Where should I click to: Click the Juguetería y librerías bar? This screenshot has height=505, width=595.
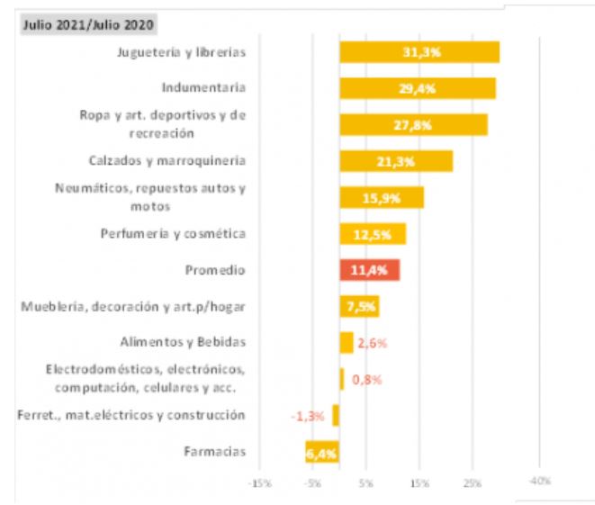pyautogui.click(x=419, y=52)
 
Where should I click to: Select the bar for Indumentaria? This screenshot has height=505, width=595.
pyautogui.click(x=417, y=88)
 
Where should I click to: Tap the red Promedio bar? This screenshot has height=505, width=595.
pyautogui.click(x=369, y=270)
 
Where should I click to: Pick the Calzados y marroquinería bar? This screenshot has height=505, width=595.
pyautogui.click(x=395, y=161)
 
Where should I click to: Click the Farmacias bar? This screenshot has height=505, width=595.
pyautogui.click(x=321, y=453)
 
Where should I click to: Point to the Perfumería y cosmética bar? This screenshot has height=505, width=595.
pyautogui.click(x=372, y=234)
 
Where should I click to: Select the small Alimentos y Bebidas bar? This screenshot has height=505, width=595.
pyautogui.click(x=347, y=342)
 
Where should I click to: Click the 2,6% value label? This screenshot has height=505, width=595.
pyautogui.click(x=372, y=343)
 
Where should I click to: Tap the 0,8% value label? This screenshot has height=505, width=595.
pyautogui.click(x=366, y=379)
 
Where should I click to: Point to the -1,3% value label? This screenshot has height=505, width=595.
pyautogui.click(x=307, y=416)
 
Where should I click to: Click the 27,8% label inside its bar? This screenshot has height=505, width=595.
pyautogui.click(x=413, y=124)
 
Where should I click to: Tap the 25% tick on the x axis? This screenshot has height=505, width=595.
pyautogui.click(x=472, y=483)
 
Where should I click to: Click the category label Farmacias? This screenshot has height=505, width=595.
pyautogui.click(x=213, y=452)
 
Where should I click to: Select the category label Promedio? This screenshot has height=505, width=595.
pyautogui.click(x=215, y=270)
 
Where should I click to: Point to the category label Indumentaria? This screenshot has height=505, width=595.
pyautogui.click(x=203, y=88)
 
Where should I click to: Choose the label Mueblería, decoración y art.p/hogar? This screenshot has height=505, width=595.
pyautogui.click(x=133, y=307)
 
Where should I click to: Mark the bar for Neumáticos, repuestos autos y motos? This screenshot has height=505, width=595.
pyautogui.click(x=381, y=198)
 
